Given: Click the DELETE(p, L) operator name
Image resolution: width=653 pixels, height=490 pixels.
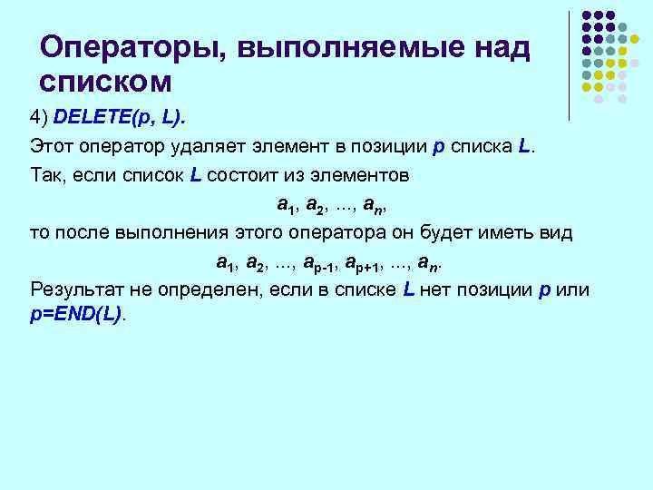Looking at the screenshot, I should [x=111, y=120].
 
